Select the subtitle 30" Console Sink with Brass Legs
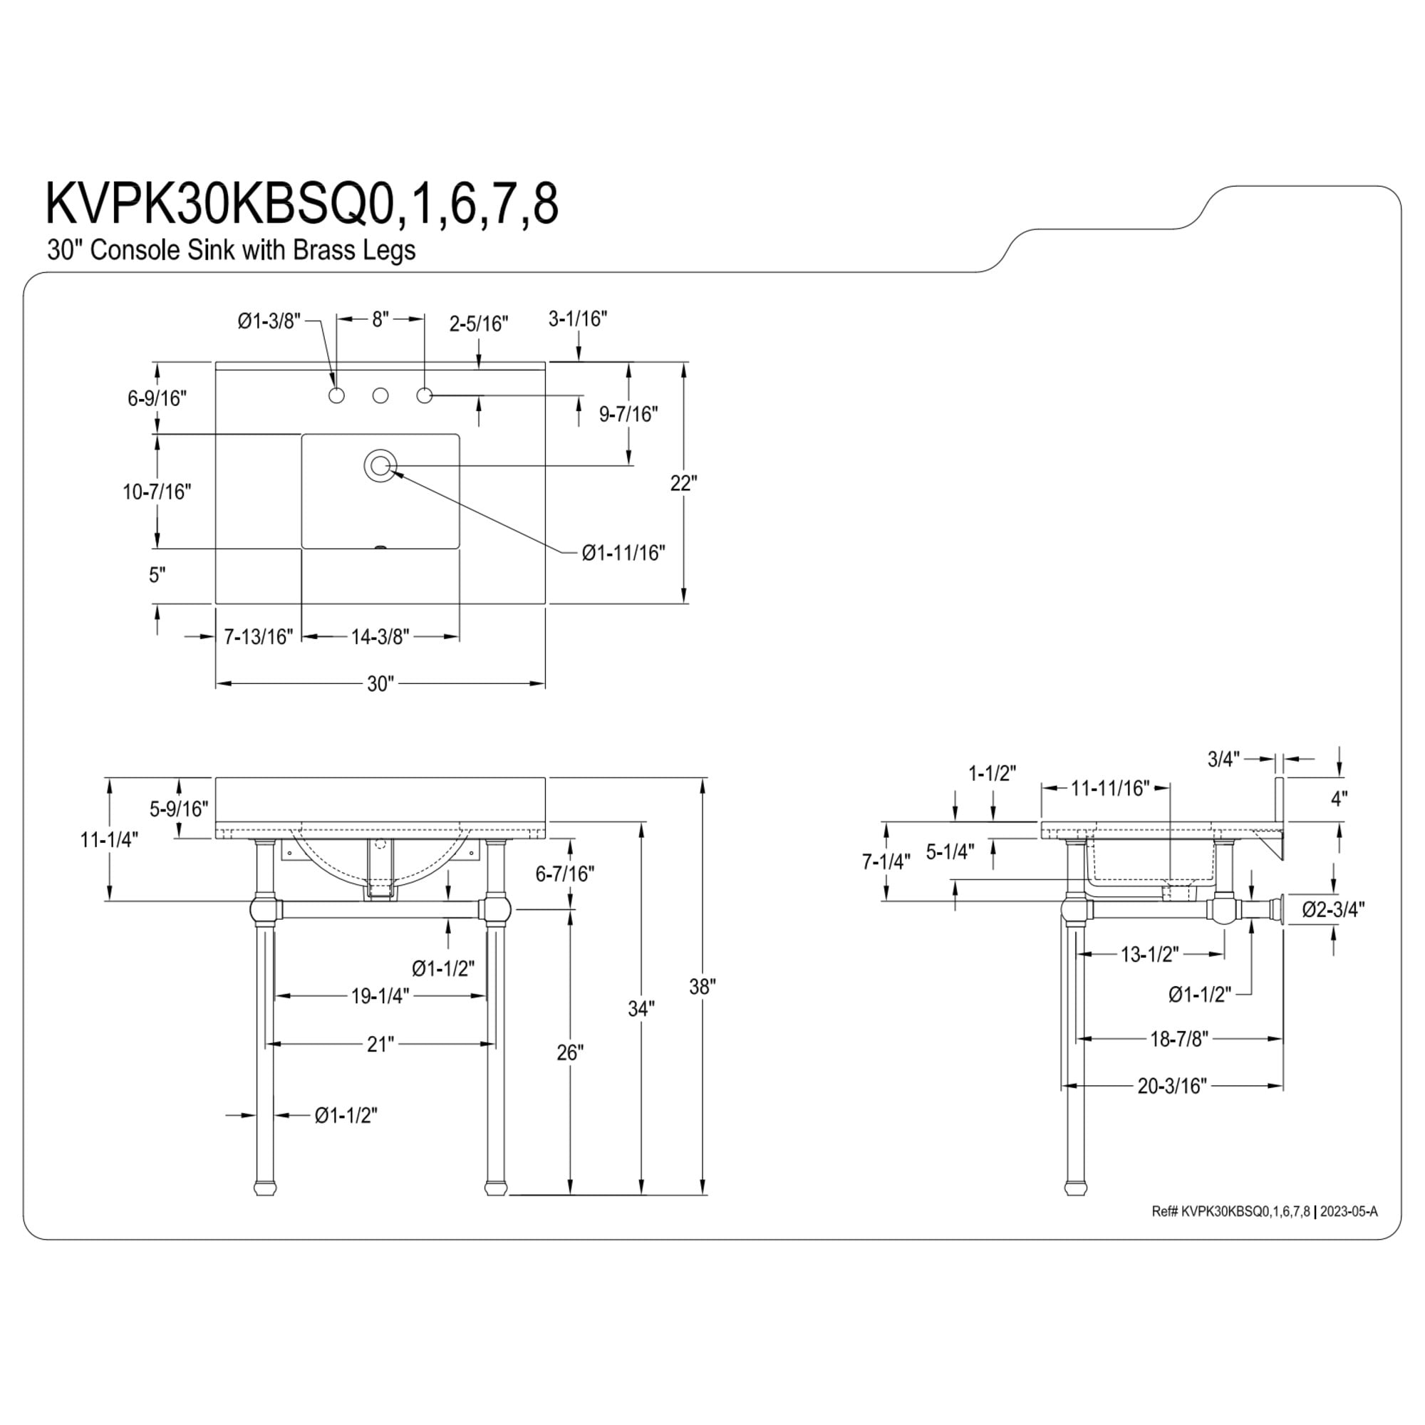[231, 250]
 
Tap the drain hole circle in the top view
[380, 465]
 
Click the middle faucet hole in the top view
[380, 396]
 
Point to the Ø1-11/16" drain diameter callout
[623, 552]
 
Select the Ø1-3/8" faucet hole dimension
[269, 321]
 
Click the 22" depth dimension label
[684, 483]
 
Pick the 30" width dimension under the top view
[380, 684]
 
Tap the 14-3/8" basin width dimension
[380, 636]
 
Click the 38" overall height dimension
[703, 986]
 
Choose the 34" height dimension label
[641, 1008]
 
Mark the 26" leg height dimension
[569, 1052]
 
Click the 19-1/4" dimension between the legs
[380, 996]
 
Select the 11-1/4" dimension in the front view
[109, 839]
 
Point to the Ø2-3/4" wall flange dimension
[1334, 909]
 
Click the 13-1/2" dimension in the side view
[1150, 954]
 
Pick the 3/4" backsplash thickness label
[1223, 759]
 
